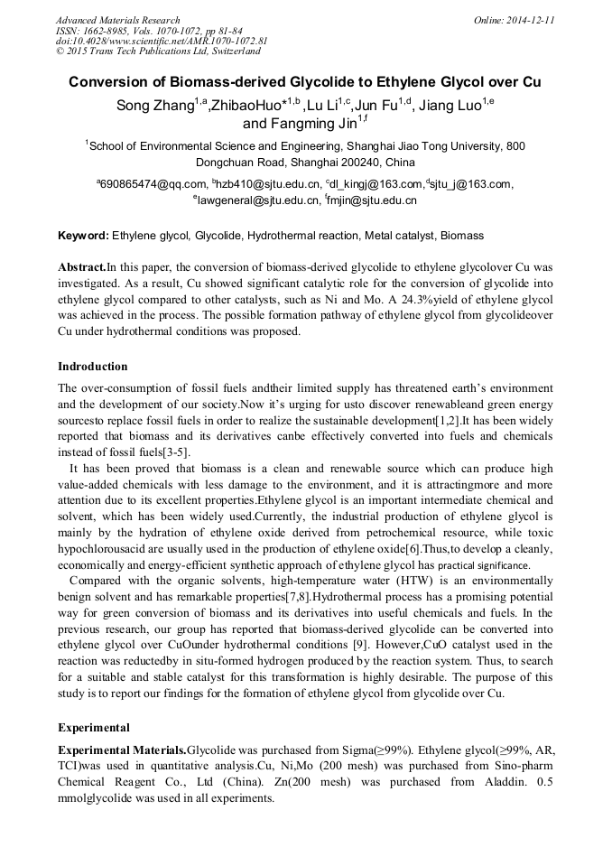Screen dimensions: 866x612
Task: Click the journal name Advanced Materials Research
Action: point(117,20)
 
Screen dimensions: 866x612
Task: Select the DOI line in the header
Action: point(162,42)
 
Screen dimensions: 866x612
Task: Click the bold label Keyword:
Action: point(83,236)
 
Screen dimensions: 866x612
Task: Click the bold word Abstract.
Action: point(82,267)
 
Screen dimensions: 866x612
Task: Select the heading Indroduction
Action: point(93,367)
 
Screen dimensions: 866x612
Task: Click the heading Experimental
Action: point(94,727)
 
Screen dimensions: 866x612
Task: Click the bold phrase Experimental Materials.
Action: point(122,750)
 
